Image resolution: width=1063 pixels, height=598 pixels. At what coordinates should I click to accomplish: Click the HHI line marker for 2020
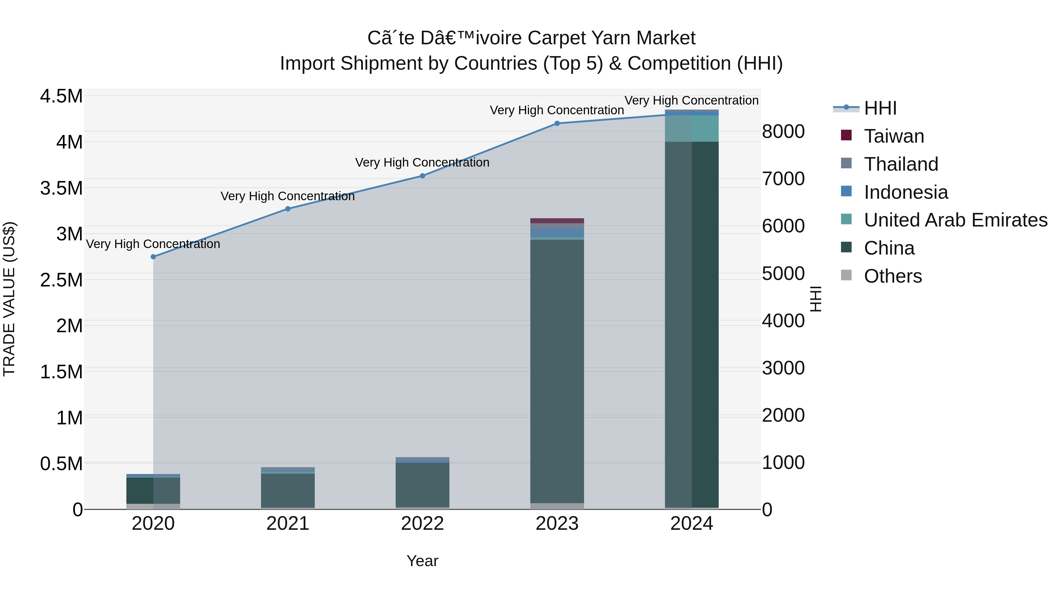[153, 257]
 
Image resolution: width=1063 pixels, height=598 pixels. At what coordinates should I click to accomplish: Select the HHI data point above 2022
[423, 176]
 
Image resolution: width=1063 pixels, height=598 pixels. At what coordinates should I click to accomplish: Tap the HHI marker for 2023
[557, 123]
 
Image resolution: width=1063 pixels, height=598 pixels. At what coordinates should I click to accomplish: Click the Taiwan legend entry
[894, 136]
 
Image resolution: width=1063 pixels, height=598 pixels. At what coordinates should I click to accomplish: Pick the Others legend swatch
[846, 275]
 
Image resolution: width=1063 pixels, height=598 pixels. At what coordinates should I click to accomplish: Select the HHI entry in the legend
[880, 108]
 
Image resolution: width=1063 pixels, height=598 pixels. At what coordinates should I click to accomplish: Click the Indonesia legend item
[906, 192]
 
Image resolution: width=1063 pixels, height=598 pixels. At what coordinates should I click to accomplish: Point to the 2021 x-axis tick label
[288, 524]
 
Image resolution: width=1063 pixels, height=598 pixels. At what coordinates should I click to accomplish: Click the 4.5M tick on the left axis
[61, 96]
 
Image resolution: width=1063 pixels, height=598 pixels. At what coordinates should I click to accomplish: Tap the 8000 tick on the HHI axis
[783, 132]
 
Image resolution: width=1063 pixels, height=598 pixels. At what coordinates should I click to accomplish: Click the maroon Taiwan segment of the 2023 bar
[557, 221]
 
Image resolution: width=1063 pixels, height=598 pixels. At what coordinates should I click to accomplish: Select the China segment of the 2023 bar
[557, 371]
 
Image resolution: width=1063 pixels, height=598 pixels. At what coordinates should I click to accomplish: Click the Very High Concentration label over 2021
[288, 196]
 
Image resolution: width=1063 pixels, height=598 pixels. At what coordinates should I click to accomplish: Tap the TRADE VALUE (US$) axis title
[9, 299]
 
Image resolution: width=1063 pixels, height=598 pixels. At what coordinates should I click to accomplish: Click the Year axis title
[422, 561]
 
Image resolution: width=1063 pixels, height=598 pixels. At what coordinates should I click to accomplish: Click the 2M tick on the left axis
[69, 326]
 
